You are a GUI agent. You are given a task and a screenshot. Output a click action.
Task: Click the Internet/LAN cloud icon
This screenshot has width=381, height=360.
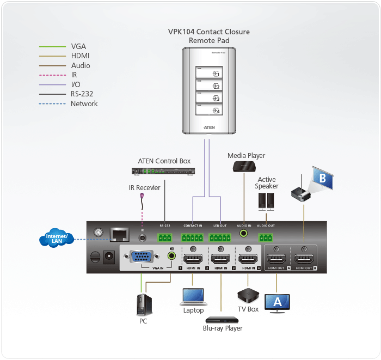point(57,239)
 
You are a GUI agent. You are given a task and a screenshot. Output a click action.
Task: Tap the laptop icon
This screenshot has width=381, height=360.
point(193,296)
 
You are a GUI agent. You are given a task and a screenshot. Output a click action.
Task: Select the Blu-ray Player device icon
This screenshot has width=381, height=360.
point(221,319)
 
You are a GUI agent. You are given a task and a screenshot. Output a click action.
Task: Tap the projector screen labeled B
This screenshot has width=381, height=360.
point(322,179)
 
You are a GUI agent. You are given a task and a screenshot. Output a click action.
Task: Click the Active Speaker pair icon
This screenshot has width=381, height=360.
point(266,201)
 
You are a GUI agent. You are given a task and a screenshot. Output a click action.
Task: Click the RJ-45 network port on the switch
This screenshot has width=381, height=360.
point(119,234)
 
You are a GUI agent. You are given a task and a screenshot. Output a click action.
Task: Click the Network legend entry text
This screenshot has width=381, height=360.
point(84,103)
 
